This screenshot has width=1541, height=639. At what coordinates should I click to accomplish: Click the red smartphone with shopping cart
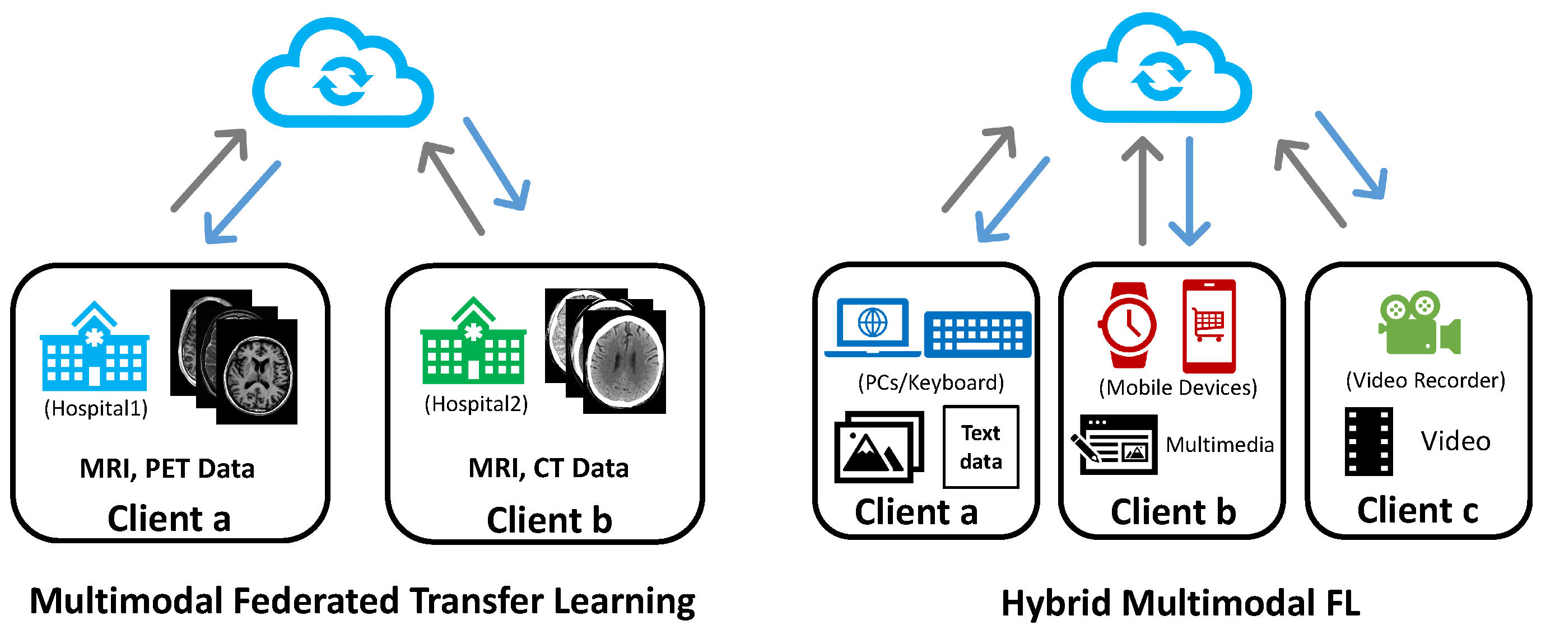(x=1209, y=326)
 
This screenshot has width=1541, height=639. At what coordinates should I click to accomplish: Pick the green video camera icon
(x=1418, y=324)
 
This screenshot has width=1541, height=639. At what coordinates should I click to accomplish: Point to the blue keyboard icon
(x=977, y=334)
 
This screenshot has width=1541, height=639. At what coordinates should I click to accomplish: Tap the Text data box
(x=980, y=447)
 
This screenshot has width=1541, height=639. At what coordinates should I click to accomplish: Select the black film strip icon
(x=1368, y=441)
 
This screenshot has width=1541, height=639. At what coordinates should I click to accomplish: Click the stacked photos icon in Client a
(x=878, y=446)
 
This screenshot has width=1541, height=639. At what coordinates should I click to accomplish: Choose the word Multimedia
(x=1219, y=445)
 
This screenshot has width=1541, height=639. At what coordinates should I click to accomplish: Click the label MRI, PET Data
(x=167, y=469)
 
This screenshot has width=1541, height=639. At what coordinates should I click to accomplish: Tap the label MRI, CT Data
(x=548, y=468)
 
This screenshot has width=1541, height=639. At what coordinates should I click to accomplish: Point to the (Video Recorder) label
(x=1425, y=380)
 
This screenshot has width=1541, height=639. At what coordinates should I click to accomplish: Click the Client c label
(x=1417, y=510)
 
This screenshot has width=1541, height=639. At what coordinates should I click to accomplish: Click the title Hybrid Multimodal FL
(x=1180, y=603)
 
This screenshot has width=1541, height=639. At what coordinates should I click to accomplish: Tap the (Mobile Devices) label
(x=1177, y=388)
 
